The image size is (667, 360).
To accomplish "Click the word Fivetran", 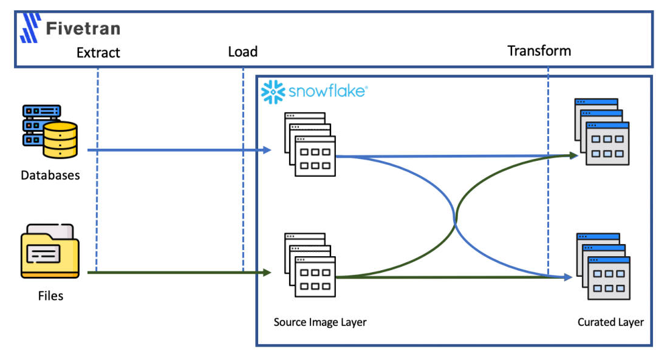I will click(83, 28).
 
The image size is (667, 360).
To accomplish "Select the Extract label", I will click(98, 53).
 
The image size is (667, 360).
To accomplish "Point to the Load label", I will click(242, 52).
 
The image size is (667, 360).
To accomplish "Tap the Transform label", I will click(539, 50).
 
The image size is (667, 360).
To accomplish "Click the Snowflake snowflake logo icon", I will click(273, 92).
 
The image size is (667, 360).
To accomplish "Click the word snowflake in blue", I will click(327, 92).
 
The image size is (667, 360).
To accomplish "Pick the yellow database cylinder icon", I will click(61, 140).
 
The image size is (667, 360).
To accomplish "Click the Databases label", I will click(50, 175).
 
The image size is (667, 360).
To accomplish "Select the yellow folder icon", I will click(50, 250).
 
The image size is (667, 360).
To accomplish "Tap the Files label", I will click(50, 296).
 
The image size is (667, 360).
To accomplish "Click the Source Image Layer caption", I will click(320, 322).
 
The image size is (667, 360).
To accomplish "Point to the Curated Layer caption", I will click(611, 322).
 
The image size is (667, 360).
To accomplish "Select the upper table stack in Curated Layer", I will click(601, 132).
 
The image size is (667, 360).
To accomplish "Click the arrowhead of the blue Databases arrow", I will click(268, 150).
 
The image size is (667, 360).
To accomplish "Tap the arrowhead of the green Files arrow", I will click(268, 273).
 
